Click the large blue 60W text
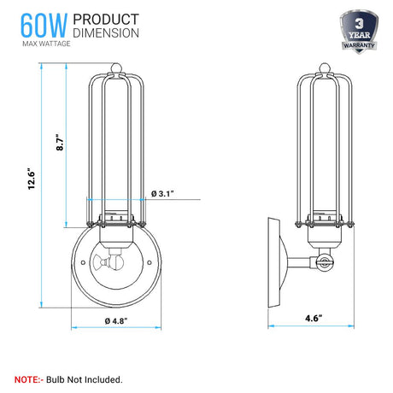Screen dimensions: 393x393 coord(44,26)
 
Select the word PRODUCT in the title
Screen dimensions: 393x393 coord(106,20)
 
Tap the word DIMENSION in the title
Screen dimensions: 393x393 coord(106,32)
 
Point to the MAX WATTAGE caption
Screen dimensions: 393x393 coord(46,44)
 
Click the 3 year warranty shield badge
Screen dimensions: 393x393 coord(359,32)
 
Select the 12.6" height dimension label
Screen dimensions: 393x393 coord(31,180)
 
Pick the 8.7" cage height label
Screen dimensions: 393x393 coord(60,142)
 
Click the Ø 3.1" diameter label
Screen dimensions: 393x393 coord(162,194)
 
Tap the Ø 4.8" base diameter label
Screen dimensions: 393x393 coord(116,321)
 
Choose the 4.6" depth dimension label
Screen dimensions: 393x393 coord(314,318)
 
